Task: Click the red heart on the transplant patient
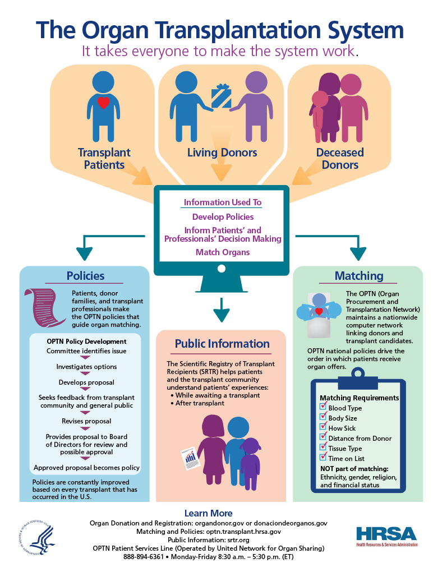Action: (x=103, y=103)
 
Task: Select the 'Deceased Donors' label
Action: (x=340, y=159)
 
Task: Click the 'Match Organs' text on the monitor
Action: (x=223, y=252)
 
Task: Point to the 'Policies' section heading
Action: (x=85, y=275)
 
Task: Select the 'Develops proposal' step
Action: (x=86, y=382)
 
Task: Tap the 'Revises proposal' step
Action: (x=86, y=421)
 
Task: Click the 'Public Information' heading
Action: (x=222, y=344)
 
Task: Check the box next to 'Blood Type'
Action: (x=323, y=408)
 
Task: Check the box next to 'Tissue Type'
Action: (x=323, y=448)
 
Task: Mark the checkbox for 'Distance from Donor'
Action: (x=323, y=437)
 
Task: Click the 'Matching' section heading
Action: (x=359, y=275)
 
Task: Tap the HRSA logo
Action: (x=386, y=537)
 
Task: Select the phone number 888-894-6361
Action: (x=144, y=557)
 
